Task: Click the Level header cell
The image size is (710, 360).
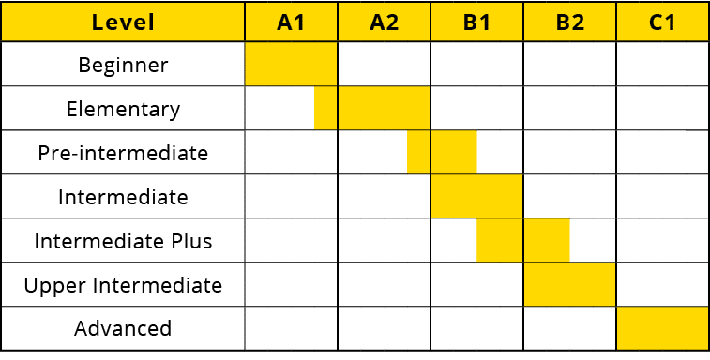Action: [x=123, y=22]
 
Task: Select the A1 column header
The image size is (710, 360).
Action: [x=291, y=22]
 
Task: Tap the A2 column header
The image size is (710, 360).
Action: [x=384, y=22]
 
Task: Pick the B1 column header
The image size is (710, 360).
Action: [x=476, y=22]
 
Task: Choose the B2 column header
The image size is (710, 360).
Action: [x=569, y=22]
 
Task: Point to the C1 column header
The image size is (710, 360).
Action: [x=662, y=22]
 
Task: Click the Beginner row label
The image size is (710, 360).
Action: [x=123, y=66]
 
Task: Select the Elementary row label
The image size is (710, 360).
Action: [x=123, y=109]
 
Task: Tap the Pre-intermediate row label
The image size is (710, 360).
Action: [x=123, y=153]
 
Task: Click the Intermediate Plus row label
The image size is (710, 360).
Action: [x=123, y=241]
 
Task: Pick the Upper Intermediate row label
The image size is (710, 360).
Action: [x=123, y=285]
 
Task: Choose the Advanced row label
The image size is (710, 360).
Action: [x=123, y=328]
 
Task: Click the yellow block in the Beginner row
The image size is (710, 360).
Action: [x=291, y=65]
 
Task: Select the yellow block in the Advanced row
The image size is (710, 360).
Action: [x=662, y=328]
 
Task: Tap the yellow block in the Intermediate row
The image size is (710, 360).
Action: [x=476, y=197]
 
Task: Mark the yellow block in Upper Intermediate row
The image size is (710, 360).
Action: [x=569, y=285]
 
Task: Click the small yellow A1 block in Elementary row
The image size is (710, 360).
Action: [x=325, y=109]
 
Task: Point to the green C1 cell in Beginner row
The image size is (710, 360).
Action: [x=662, y=65]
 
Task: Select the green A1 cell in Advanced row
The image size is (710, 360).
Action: [x=291, y=328]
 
